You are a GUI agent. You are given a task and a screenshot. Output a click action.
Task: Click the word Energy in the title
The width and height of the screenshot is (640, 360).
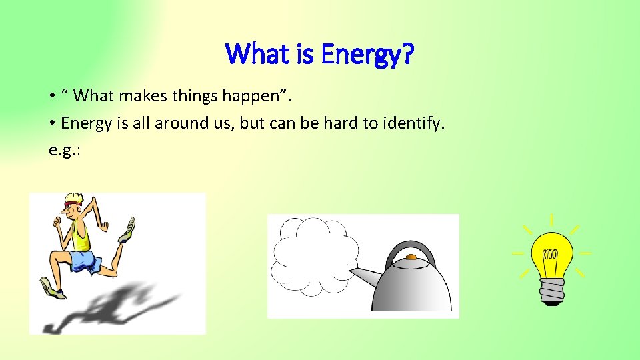click(358, 54)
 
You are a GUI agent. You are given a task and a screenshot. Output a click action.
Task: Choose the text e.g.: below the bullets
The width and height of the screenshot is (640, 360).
click(65, 149)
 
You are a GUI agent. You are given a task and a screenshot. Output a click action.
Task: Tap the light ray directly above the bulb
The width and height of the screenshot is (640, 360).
click(551, 221)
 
